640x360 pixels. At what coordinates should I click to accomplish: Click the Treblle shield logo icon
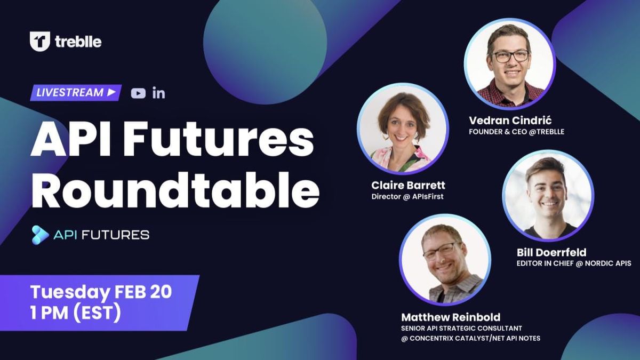[39, 41]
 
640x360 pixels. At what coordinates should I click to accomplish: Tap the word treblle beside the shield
[78, 42]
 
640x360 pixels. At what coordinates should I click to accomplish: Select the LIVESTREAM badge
[75, 92]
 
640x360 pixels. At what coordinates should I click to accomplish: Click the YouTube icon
[138, 93]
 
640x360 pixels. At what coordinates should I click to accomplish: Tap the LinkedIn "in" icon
[158, 93]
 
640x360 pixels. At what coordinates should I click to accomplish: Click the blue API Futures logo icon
[40, 235]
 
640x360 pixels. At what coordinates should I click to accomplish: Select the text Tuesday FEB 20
[101, 292]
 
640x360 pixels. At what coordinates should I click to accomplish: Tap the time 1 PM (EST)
[75, 311]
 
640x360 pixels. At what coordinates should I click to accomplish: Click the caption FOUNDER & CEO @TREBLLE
[516, 131]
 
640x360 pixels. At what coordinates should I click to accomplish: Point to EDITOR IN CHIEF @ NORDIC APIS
[574, 263]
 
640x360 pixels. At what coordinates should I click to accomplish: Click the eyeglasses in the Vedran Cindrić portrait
[510, 56]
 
